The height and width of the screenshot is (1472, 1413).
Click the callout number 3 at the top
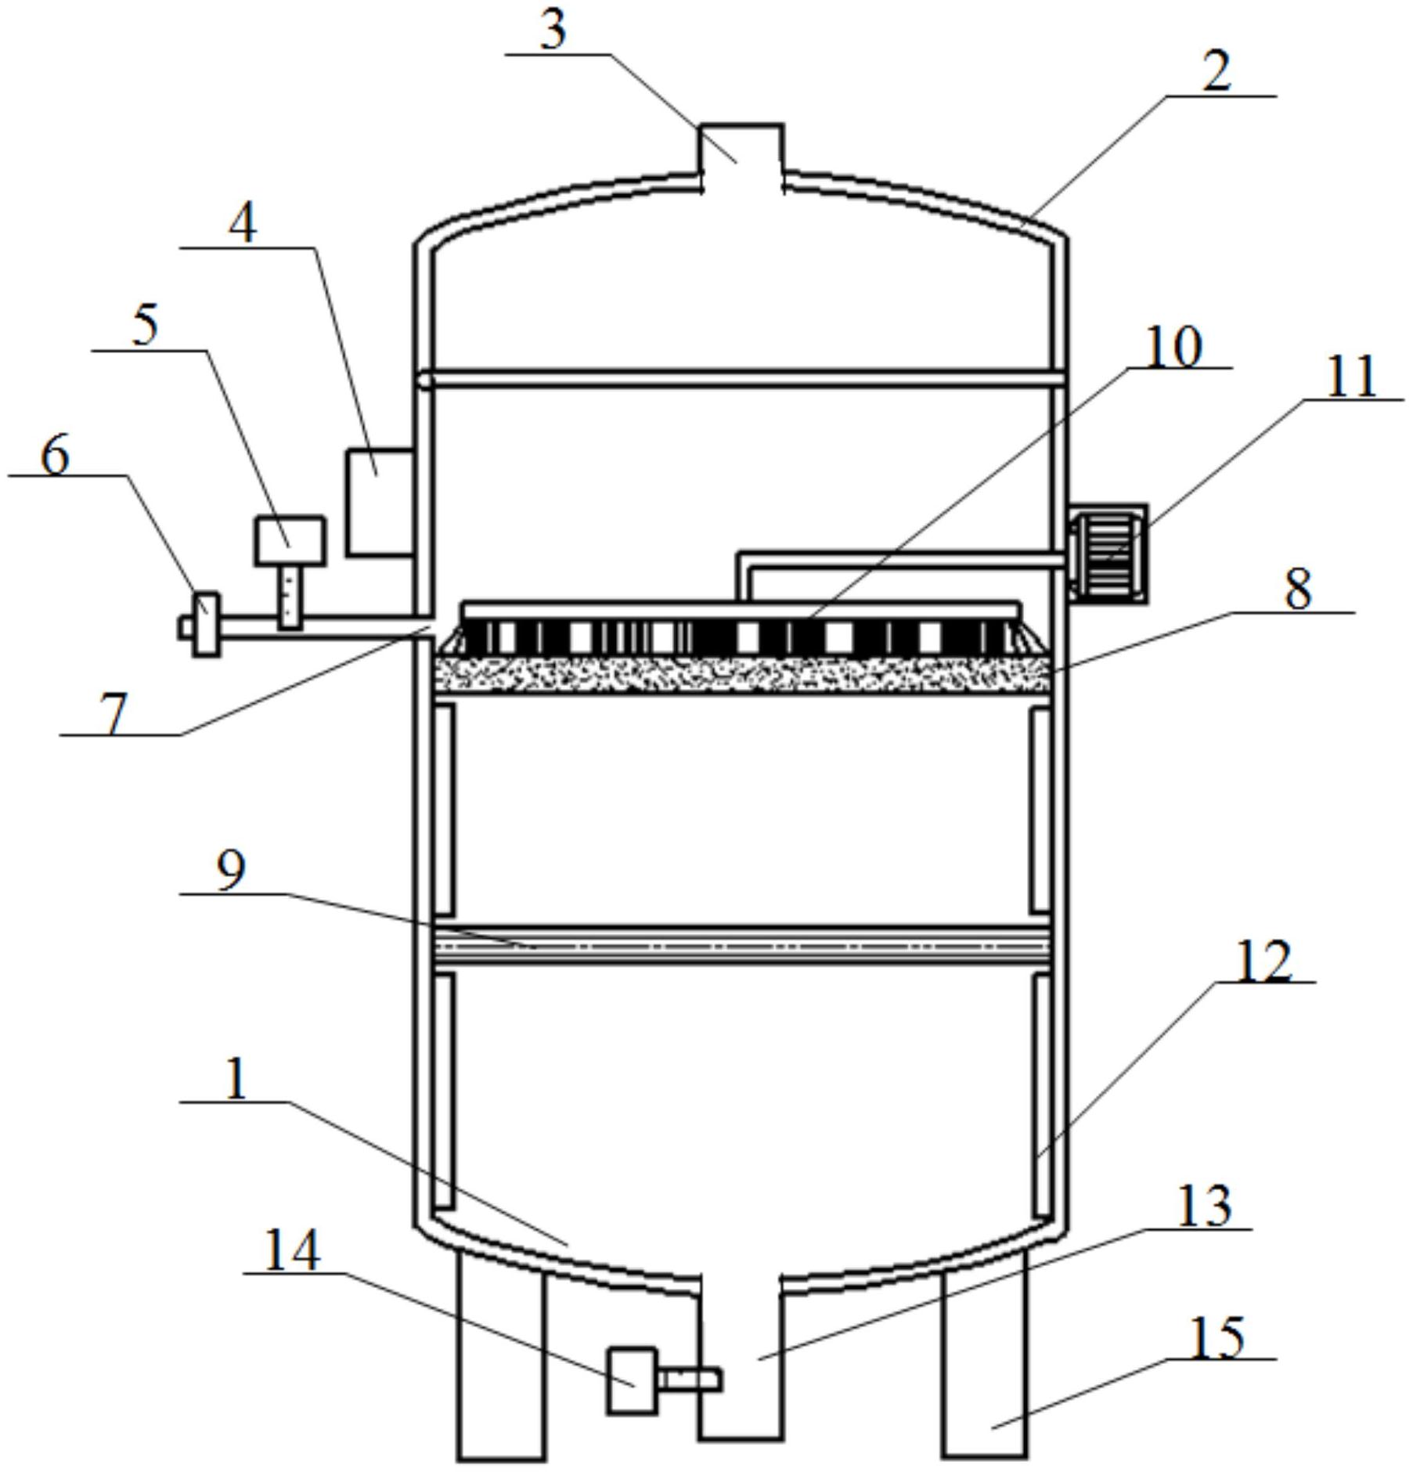pyautogui.click(x=553, y=32)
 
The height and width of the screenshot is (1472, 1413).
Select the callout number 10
pyautogui.click(x=1173, y=347)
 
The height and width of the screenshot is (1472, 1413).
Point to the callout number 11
pyautogui.click(x=1351, y=377)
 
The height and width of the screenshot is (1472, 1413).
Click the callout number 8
pyautogui.click(x=1298, y=590)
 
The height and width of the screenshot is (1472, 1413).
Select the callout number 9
pyautogui.click(x=230, y=871)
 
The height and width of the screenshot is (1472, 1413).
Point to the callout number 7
pyautogui.click(x=114, y=714)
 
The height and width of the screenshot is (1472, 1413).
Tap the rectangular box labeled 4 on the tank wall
pyautogui.click(x=380, y=503)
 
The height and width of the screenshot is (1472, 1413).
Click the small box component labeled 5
pyautogui.click(x=290, y=540)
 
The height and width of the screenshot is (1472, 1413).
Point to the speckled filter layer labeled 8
pyautogui.click(x=741, y=675)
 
